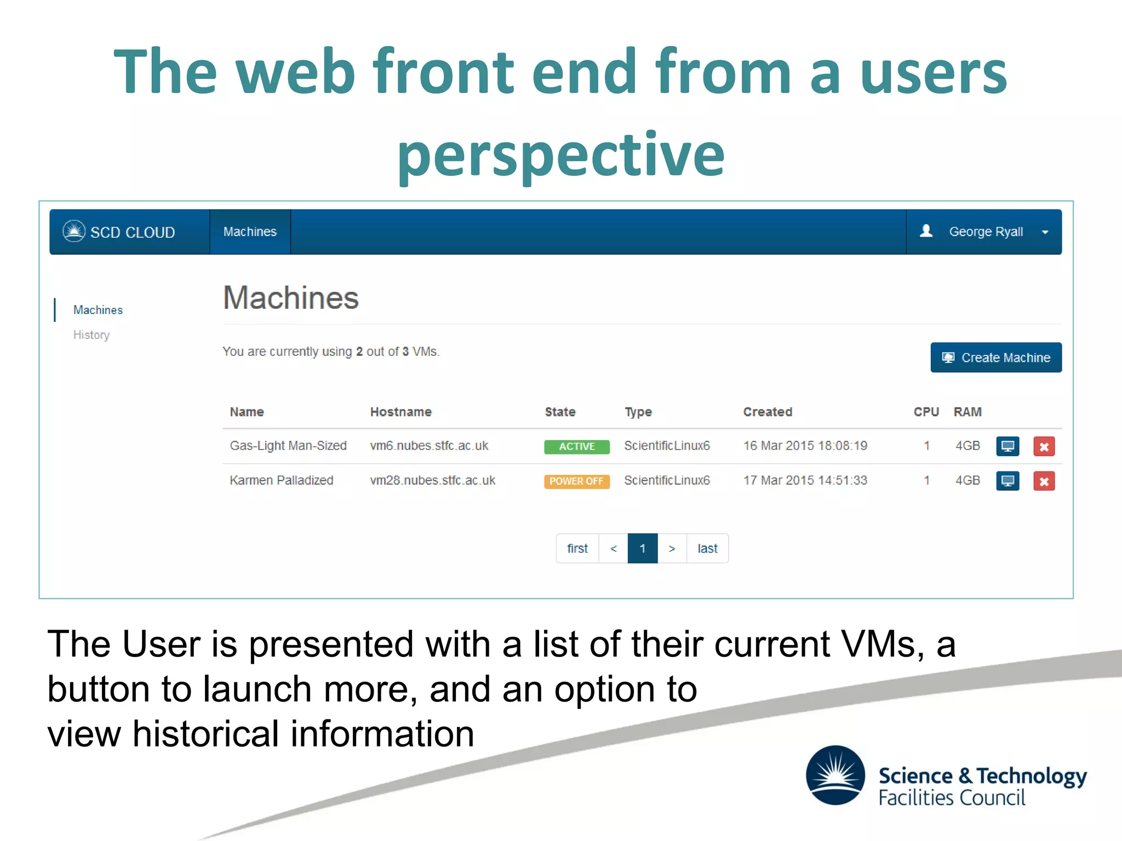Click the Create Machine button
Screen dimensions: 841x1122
coord(995,358)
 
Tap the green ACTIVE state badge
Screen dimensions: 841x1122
coord(576,446)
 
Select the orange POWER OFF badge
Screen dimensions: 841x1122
coord(576,481)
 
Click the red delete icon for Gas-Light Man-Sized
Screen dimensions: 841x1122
coord(1044,446)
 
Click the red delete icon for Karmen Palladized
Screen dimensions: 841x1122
coord(1044,481)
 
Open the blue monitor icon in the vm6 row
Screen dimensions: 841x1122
coord(1007,446)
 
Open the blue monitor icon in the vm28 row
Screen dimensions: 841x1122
coord(1007,481)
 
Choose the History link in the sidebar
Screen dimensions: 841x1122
coord(91,335)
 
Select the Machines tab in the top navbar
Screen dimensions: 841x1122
coord(250,232)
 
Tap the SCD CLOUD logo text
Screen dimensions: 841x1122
coord(132,232)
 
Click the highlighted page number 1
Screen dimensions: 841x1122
coord(642,548)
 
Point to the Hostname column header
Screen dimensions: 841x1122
coord(400,412)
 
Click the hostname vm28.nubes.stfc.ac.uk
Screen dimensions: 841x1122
coord(432,480)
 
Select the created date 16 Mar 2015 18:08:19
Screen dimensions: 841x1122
coord(805,446)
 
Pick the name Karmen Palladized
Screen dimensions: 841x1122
coord(281,480)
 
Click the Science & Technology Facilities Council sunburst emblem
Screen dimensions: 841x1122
coord(835,775)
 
